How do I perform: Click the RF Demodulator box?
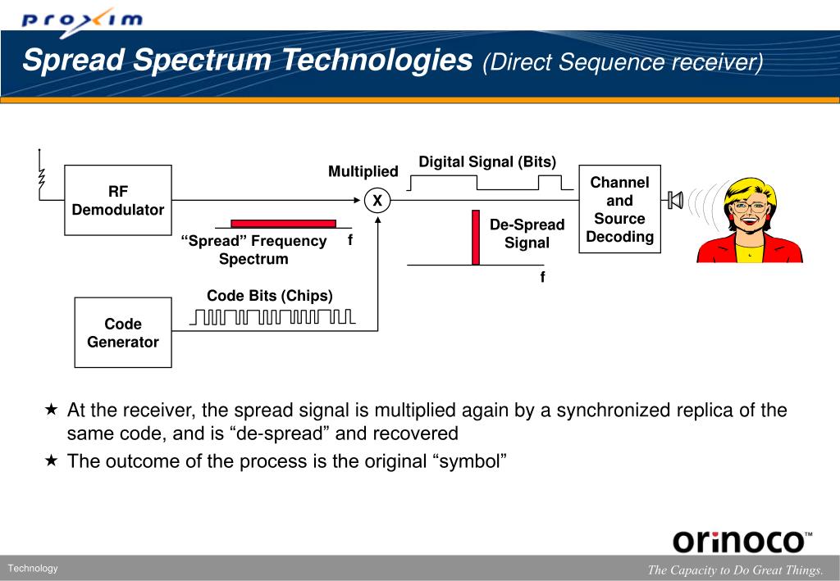tap(117, 200)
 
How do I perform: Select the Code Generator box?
tap(123, 333)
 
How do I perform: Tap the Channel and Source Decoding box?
tap(619, 209)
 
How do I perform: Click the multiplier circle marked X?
tap(377, 200)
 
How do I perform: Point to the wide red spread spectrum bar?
tap(283, 223)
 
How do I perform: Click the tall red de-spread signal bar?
tap(475, 238)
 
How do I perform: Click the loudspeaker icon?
tap(674, 200)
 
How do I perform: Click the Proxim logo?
tap(82, 22)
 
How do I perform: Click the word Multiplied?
tap(363, 171)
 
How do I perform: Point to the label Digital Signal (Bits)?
tap(487, 161)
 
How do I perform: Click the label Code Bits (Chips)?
tap(270, 296)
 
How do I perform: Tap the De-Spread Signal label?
tap(527, 234)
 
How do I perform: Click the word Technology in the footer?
tap(33, 569)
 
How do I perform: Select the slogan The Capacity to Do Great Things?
tap(735, 570)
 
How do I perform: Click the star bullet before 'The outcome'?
tap(51, 461)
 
